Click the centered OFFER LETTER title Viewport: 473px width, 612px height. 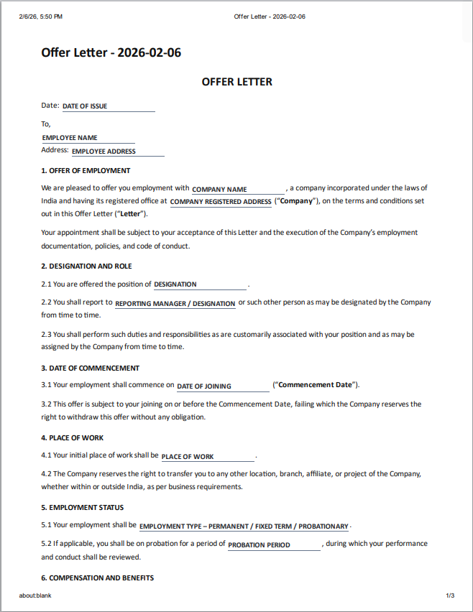tap(236, 82)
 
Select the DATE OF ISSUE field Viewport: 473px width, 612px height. tap(108, 106)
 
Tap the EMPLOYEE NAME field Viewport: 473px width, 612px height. tap(88, 138)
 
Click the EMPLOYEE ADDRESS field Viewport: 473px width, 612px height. tap(117, 152)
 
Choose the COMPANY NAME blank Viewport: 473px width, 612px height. tap(238, 190)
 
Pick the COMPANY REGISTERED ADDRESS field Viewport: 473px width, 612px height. tap(221, 202)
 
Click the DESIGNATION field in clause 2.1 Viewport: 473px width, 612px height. tap(200, 284)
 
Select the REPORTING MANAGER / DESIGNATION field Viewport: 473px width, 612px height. tap(175, 304)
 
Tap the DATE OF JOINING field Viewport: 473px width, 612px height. tap(222, 386)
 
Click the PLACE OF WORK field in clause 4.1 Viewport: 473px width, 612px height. tap(207, 457)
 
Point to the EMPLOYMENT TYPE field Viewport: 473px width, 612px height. tap(244, 527)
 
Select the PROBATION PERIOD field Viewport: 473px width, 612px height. tap(273, 545)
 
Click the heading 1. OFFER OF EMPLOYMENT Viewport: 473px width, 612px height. tap(86, 171)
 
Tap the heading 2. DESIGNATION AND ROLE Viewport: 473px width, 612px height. tap(86, 266)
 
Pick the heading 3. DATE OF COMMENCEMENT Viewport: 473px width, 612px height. tap(90, 368)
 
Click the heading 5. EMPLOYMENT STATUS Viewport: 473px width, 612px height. tap(82, 508)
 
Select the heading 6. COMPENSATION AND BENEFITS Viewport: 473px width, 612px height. tap(97, 578)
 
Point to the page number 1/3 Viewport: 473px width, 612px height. tap(450, 595)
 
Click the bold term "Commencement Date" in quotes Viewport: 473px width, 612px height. tap(316, 385)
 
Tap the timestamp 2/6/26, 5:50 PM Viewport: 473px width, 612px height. tap(41, 17)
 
